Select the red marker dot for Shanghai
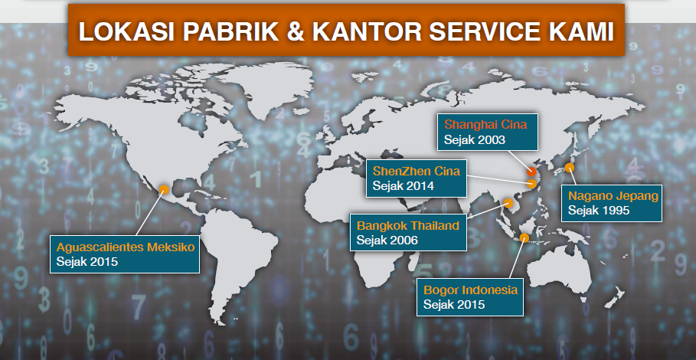pos(531,172)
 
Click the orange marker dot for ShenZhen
pos(532,184)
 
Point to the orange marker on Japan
pos(569,168)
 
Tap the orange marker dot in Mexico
pos(164,189)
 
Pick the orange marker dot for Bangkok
pos(508,203)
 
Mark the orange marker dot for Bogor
pos(524,237)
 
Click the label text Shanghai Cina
pos(485,124)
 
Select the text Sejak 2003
pos(475,140)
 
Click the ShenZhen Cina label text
pos(417,171)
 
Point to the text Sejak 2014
pos(403,186)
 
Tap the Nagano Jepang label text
pos(613,196)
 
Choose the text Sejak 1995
pos(599,211)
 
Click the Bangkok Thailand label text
pos(408,225)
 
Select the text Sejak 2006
pos(387,241)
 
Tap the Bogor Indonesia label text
pos(471,290)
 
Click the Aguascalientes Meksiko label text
pos(126,247)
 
